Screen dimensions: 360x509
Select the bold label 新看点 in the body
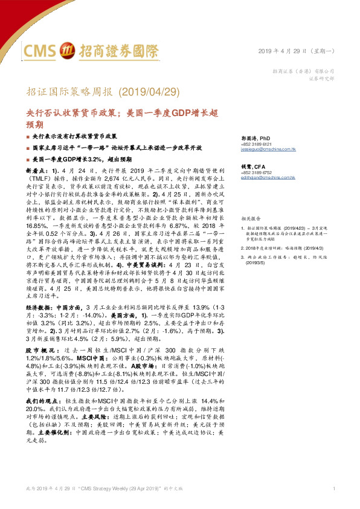tap(35, 171)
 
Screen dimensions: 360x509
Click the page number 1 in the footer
tap(334, 488)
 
